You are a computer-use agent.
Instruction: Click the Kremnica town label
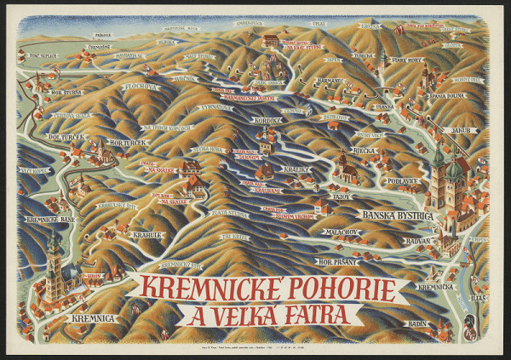tap(95, 318)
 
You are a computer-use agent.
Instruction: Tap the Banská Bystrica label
tap(398, 215)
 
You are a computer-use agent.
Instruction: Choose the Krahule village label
tap(146, 234)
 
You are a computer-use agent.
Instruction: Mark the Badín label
tap(416, 323)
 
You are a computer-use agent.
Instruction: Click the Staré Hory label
tap(406, 60)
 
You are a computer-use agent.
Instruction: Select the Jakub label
tap(460, 130)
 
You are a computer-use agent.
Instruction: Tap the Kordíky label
tap(267, 120)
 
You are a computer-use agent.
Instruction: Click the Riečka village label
tap(364, 151)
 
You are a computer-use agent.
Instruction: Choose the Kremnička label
tap(435, 287)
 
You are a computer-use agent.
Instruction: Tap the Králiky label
tap(297, 169)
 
